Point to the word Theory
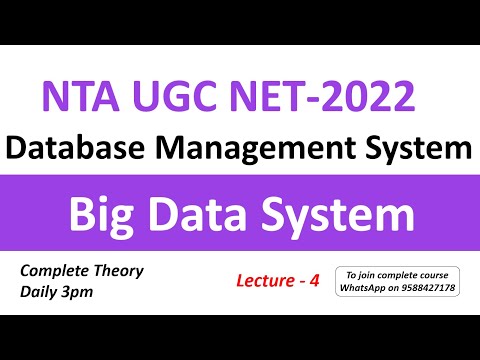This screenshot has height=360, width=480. click(121, 271)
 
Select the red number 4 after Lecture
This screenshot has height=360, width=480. click(313, 282)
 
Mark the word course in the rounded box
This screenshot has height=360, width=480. click(437, 274)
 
